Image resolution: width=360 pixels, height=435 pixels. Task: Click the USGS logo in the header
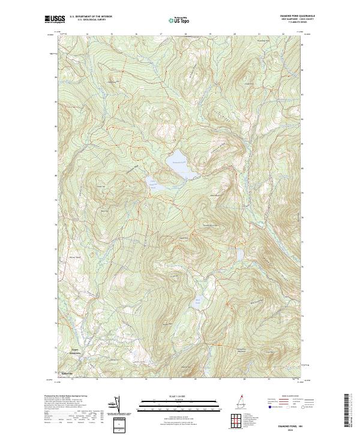(x=53, y=20)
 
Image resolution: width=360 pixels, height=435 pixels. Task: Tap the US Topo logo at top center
(x=179, y=19)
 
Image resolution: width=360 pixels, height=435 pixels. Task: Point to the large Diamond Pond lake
(x=180, y=167)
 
